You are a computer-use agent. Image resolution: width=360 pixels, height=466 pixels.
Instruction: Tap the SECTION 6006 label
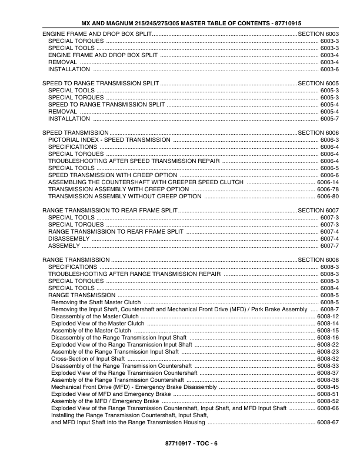pos(319,133)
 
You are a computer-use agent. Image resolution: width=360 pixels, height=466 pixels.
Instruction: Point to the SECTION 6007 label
pos(319,210)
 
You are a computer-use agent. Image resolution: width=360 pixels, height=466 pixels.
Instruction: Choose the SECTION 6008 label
pos(319,259)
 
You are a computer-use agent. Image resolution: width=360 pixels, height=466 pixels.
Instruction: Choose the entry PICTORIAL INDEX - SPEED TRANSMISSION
pos(109,140)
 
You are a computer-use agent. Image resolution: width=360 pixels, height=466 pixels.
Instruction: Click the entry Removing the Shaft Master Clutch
pos(96,302)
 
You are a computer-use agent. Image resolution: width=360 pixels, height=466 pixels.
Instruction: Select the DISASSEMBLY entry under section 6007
pos(69,238)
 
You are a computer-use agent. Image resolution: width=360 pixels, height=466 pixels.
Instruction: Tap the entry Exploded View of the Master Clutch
pos(98,323)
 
